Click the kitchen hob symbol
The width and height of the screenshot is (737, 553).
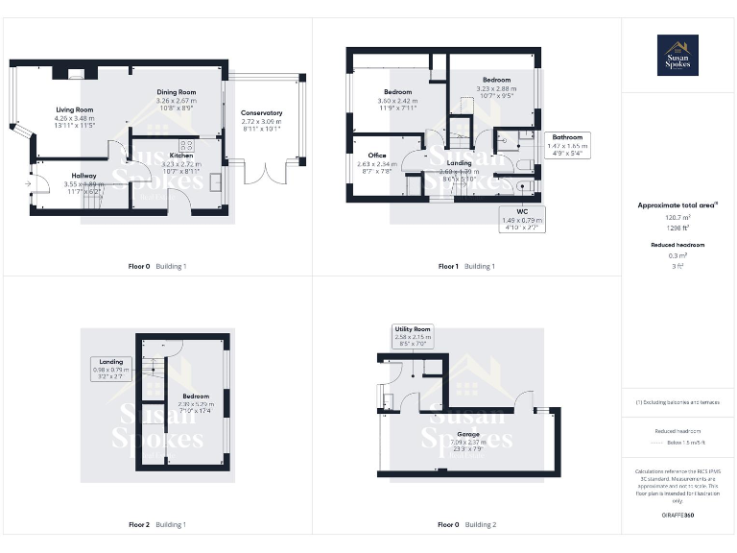coord(186,147)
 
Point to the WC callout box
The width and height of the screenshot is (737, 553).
coord(522,218)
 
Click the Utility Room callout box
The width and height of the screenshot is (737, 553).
coord(412,335)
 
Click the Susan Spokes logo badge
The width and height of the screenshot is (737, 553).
coord(678,55)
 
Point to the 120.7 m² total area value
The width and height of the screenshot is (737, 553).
coord(678,217)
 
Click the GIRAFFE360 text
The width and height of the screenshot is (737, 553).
coord(678,516)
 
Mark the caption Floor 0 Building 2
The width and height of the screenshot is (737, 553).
coord(466,525)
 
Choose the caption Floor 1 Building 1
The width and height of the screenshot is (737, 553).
coord(466,266)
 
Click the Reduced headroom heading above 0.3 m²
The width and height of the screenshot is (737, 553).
coord(678,245)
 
